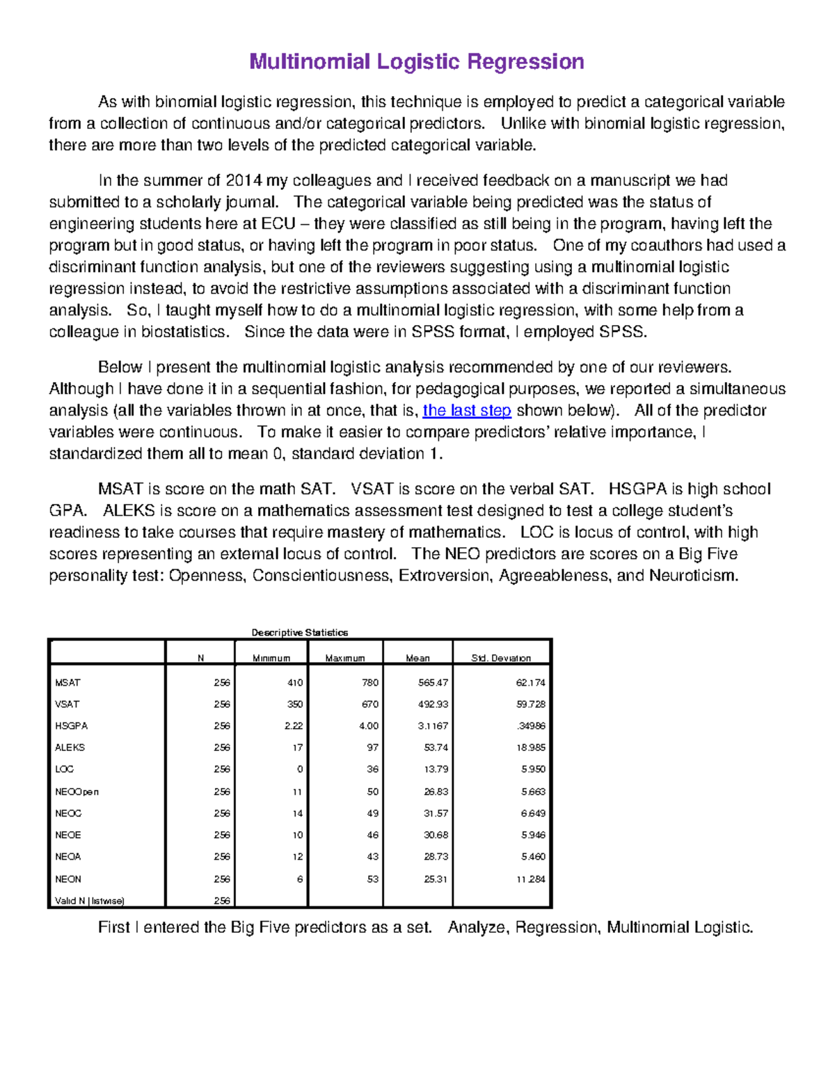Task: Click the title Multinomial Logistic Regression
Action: (x=416, y=62)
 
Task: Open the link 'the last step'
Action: (x=467, y=411)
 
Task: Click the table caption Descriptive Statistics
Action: (x=299, y=633)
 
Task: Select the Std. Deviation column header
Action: (x=500, y=658)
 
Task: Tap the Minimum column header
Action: (x=271, y=658)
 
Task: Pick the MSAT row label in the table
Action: (x=67, y=683)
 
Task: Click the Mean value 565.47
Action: (x=433, y=683)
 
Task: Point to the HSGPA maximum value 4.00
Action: (x=369, y=726)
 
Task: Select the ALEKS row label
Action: (x=70, y=748)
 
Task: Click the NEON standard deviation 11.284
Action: (x=530, y=879)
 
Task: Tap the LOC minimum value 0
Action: (x=300, y=769)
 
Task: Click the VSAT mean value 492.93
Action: (x=433, y=704)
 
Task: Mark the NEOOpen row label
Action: (x=77, y=791)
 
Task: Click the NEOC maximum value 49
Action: (x=373, y=813)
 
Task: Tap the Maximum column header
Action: (x=345, y=658)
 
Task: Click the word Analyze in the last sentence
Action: (x=478, y=928)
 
